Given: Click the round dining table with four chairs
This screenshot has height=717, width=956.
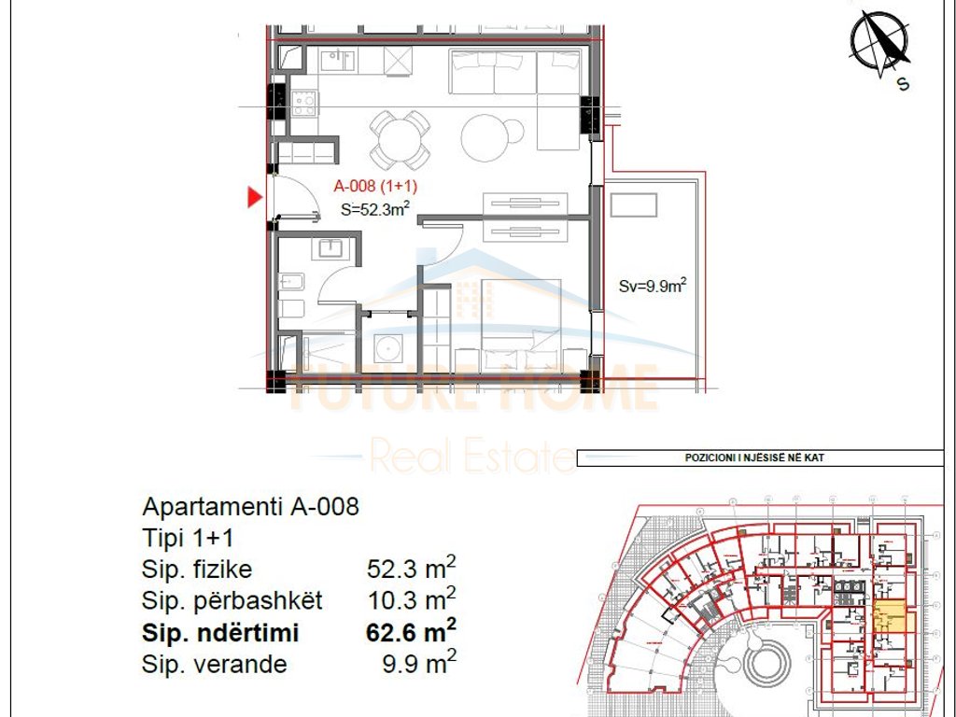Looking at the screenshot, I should [x=400, y=139].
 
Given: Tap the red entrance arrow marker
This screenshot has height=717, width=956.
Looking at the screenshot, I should [x=254, y=197].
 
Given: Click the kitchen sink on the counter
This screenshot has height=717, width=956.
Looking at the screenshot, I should [x=337, y=62].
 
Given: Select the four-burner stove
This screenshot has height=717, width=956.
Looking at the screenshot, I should [x=304, y=103].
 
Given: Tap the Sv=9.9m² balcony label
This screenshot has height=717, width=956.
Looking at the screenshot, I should [x=653, y=287].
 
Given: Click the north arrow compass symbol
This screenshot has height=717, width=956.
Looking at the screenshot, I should [x=879, y=43].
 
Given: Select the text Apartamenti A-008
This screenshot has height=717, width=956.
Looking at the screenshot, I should [x=250, y=507].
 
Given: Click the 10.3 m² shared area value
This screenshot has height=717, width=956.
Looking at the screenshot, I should [x=411, y=600].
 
